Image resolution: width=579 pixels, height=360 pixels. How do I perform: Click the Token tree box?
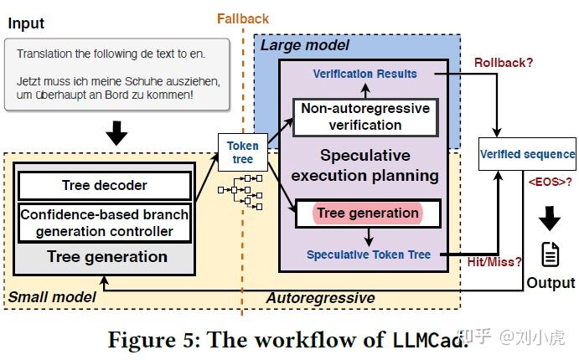[x=243, y=152]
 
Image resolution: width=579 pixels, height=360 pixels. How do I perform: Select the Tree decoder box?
[x=105, y=185]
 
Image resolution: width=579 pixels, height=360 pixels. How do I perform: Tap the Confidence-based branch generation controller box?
[x=105, y=223]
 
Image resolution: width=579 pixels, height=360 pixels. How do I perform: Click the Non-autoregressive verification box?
[x=365, y=117]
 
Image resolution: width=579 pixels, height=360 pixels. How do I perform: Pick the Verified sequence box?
[x=527, y=154]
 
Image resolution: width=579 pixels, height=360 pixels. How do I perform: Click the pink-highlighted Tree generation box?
[x=368, y=213]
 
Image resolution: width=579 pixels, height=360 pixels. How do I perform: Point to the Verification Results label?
[x=364, y=74]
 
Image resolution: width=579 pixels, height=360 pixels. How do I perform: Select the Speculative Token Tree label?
[x=369, y=255]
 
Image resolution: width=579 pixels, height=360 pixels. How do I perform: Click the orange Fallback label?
[x=243, y=18]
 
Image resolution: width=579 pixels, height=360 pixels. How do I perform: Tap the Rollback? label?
[x=504, y=62]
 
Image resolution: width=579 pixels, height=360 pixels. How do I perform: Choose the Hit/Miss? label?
[x=494, y=262]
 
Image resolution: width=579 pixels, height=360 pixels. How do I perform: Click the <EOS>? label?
[x=551, y=182]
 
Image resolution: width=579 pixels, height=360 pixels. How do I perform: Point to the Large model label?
[x=305, y=45]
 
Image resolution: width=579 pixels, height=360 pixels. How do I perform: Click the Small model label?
[x=52, y=297]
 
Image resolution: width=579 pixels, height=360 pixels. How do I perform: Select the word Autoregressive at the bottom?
[x=321, y=298]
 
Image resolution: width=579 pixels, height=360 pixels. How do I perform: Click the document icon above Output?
[x=551, y=255]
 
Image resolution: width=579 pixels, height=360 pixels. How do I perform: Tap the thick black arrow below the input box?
[x=116, y=133]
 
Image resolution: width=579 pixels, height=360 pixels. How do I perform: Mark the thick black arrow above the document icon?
[x=550, y=219]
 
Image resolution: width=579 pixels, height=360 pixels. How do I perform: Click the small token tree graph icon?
[x=240, y=192]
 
